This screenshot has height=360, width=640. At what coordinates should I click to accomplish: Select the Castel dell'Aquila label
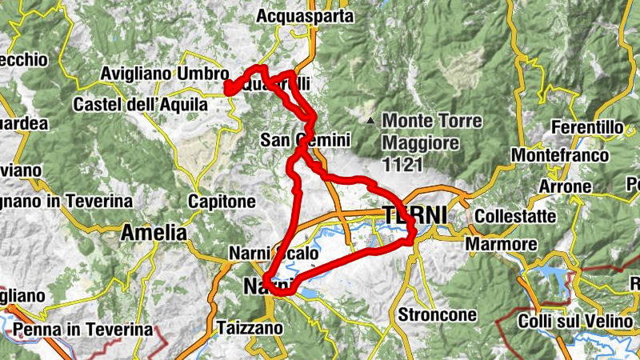coord(140,104)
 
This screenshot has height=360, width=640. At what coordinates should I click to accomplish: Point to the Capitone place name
coord(222,202)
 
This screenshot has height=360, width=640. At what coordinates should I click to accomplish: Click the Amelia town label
coord(154,234)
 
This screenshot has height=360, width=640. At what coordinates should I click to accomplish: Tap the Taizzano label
coord(250,328)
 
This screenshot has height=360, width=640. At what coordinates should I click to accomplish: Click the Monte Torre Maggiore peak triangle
coord(370,122)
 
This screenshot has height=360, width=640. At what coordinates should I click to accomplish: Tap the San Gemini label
coord(306,141)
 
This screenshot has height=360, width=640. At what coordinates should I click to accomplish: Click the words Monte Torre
coord(433,122)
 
